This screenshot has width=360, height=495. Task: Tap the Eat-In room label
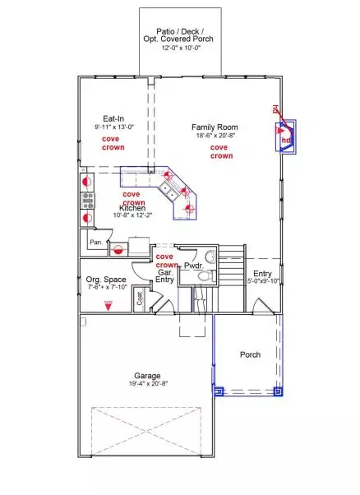coord(113,118)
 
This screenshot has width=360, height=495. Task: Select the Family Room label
coord(215,127)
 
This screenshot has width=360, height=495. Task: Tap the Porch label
coord(250,355)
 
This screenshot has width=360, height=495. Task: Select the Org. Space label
coord(105,280)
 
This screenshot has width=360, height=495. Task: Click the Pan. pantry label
coord(95,242)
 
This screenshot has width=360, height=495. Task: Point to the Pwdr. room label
coord(193,266)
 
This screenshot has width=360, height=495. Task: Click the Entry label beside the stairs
coord(262,274)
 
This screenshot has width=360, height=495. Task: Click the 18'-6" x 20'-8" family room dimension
coord(215,136)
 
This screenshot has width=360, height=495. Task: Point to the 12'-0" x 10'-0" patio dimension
coord(181,48)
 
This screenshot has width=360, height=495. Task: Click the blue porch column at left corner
coord(219,391)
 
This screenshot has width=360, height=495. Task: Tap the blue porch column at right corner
coord(279,391)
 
